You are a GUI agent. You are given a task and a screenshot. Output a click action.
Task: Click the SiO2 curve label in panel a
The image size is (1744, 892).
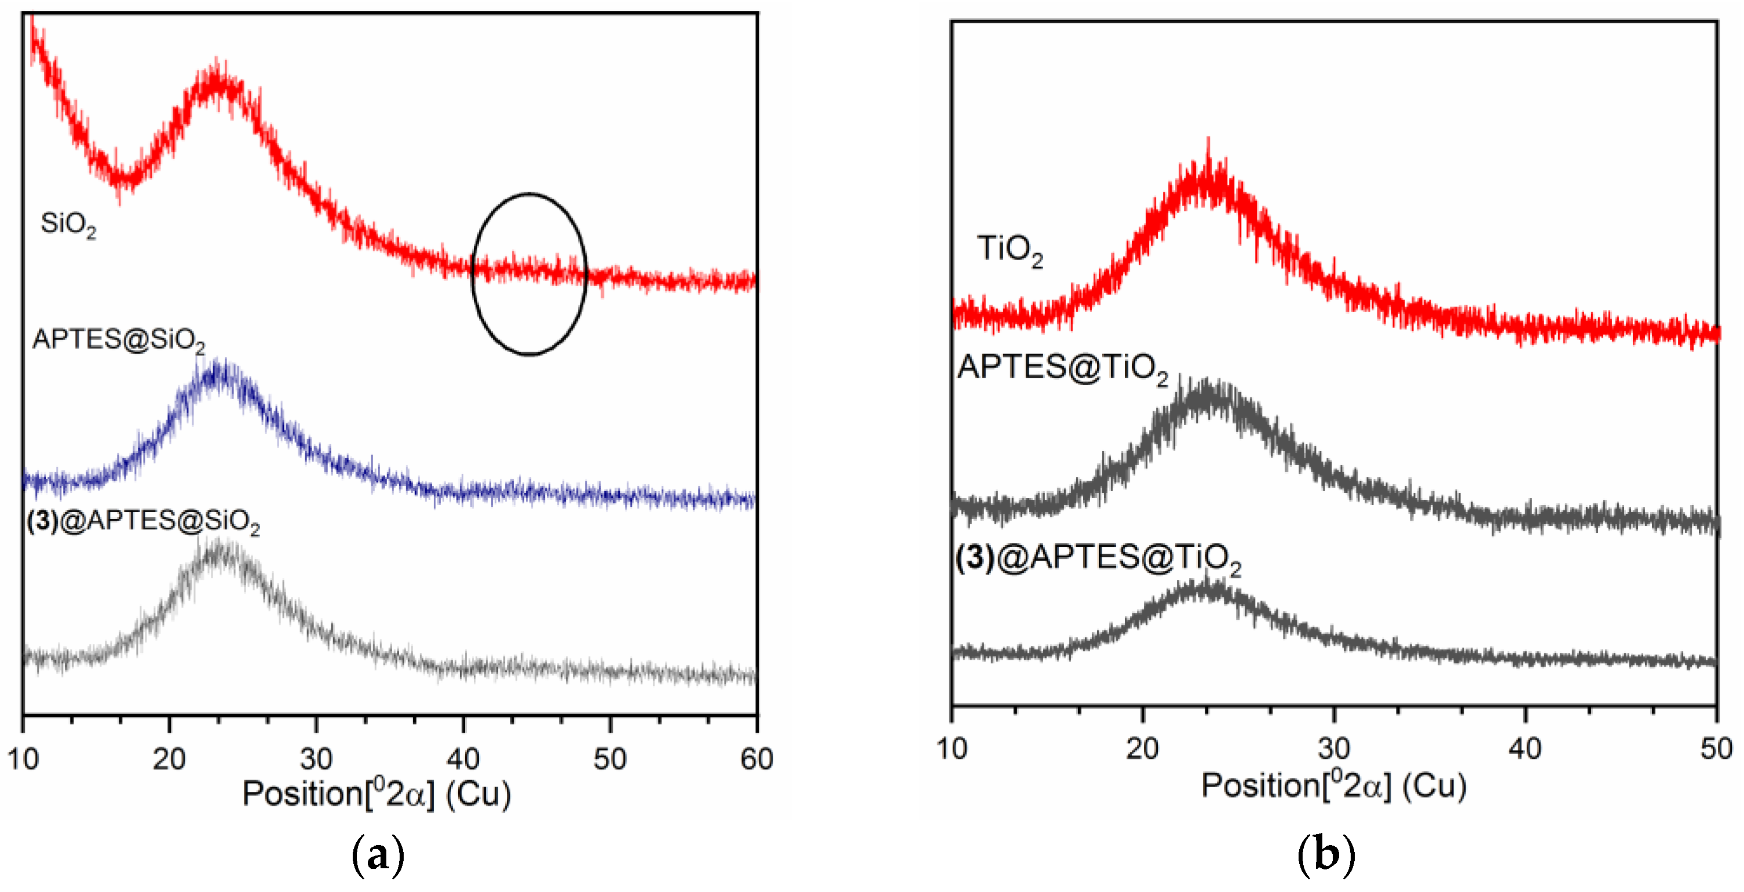[x=68, y=224]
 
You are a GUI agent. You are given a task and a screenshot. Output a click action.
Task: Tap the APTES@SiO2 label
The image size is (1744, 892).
[x=119, y=340]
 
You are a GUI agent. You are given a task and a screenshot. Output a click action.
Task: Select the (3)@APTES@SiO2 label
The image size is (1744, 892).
[x=143, y=521]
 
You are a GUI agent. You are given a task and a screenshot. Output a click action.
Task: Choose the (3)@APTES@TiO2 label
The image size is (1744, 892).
[x=1098, y=558]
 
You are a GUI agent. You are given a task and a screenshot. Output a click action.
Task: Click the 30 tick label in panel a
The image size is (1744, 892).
[x=316, y=759]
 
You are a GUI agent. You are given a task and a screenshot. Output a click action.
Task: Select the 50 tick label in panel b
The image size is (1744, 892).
[x=1716, y=749]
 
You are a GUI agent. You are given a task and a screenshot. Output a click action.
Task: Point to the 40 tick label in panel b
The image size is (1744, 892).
[x=1524, y=749]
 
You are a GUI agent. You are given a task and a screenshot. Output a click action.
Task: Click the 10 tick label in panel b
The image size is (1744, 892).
[x=951, y=749]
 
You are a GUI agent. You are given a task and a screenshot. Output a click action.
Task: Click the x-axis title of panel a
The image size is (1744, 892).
[x=376, y=793]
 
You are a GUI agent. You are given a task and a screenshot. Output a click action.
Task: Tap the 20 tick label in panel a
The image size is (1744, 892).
[x=169, y=759]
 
